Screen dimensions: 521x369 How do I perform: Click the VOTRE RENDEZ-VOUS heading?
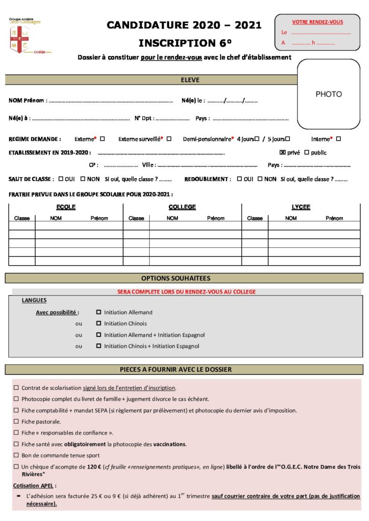point(317,22)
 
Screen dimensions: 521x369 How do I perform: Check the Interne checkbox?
point(338,138)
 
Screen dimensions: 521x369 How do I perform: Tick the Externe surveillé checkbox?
point(169,138)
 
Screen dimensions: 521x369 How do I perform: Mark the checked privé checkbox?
point(283,152)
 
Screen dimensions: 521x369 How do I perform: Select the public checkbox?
point(306,152)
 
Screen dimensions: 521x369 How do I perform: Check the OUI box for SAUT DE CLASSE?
point(61,179)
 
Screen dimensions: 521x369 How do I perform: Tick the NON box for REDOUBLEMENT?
point(259,179)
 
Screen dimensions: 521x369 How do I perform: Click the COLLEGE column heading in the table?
point(182,207)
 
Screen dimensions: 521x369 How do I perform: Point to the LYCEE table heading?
point(301,207)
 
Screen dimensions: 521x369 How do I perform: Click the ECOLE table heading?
point(66,207)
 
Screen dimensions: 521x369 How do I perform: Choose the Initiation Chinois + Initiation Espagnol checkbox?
point(98,346)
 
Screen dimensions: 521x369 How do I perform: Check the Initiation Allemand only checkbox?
point(98,312)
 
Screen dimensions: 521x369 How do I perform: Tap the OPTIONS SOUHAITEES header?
point(184,278)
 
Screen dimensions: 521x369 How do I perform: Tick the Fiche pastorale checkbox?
point(16,421)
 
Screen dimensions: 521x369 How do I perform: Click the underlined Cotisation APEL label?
point(35,485)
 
